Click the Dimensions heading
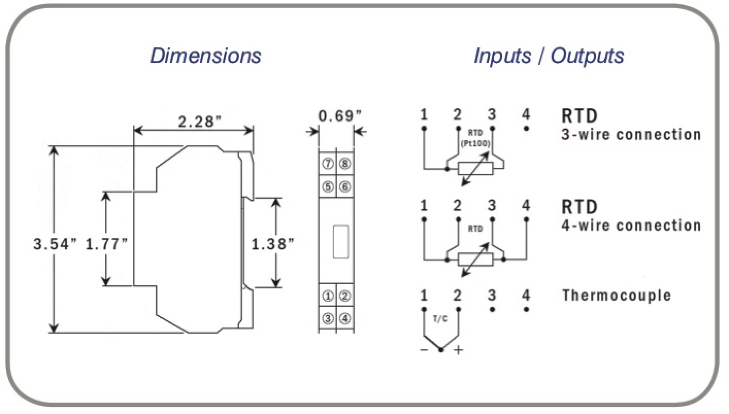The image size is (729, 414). (206, 55)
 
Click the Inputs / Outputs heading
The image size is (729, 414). (549, 55)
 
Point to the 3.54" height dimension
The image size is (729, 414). (55, 244)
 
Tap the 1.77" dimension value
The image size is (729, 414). (107, 244)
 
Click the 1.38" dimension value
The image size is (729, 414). (273, 244)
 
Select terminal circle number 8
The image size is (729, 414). (345, 164)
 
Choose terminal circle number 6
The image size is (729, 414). (345, 186)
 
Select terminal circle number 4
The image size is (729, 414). (345, 318)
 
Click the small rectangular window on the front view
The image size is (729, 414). (340, 242)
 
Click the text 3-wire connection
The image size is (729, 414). (631, 135)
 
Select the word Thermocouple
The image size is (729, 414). (617, 296)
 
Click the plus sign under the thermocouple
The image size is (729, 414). (458, 351)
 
